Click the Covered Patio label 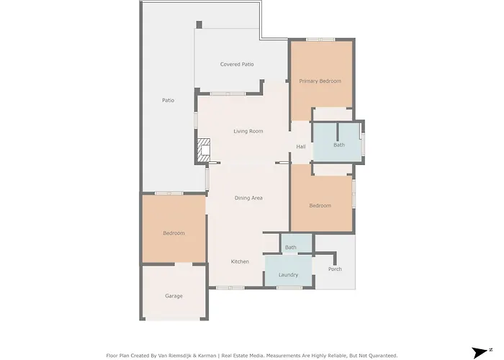(x=236, y=64)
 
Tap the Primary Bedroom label (x=320, y=81)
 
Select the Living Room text (x=248, y=131)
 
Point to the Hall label (x=301, y=148)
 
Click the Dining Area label (x=248, y=197)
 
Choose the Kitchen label (x=240, y=261)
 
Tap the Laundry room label (x=288, y=275)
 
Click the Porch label (x=335, y=269)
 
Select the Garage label (x=174, y=296)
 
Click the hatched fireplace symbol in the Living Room (x=203, y=151)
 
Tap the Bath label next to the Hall (x=338, y=145)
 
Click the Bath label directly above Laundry (x=290, y=248)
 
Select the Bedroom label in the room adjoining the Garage (x=174, y=233)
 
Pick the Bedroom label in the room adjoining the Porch (x=320, y=206)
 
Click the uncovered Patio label (x=168, y=100)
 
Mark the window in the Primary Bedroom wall (x=320, y=39)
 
